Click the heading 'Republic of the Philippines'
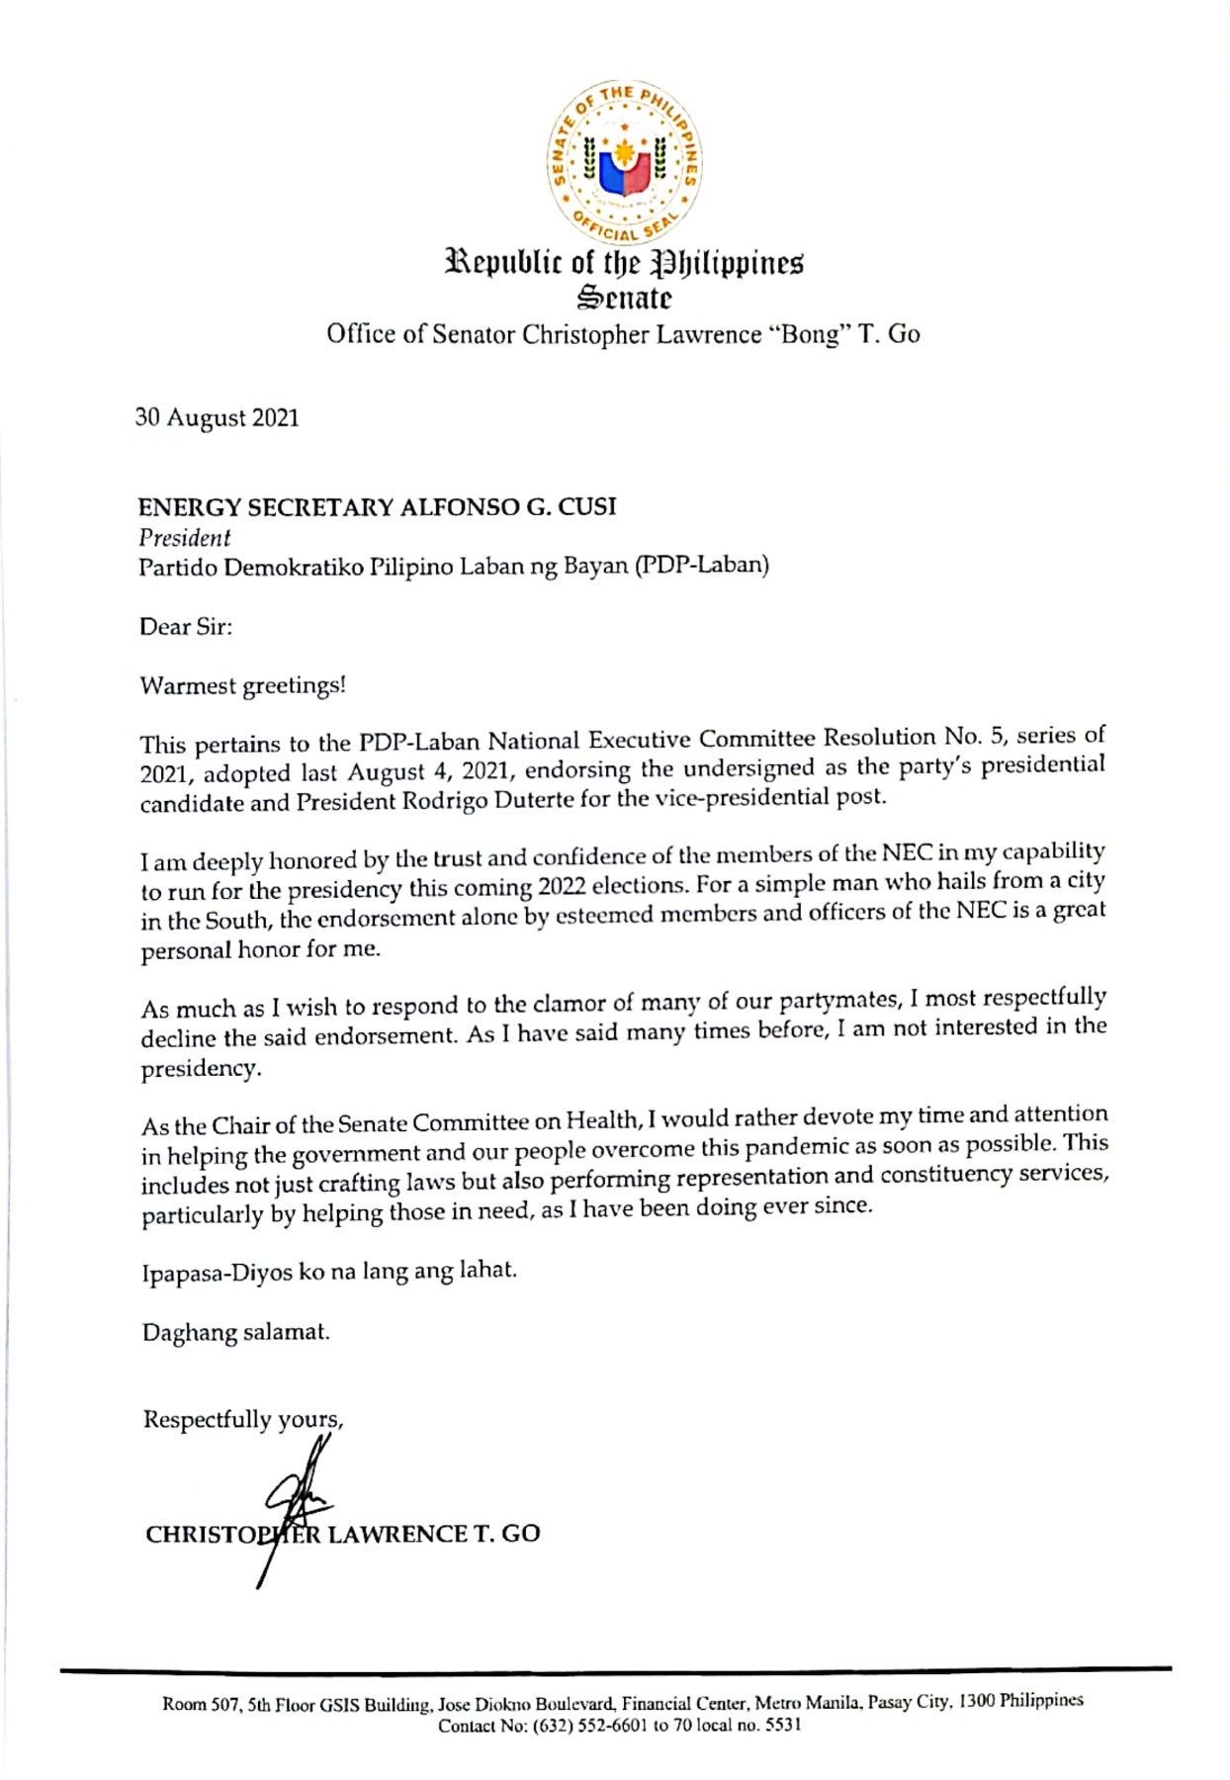[x=624, y=264]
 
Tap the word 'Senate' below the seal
[x=624, y=297]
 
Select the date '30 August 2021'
[x=217, y=418]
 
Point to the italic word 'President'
[x=184, y=538]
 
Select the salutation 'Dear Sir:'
[x=186, y=627]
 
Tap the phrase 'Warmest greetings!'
[x=242, y=685]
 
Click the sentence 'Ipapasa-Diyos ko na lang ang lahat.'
[x=329, y=1271]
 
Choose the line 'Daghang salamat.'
[x=235, y=1332]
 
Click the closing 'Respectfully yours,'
[x=243, y=1420]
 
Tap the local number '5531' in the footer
[x=783, y=1725]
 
